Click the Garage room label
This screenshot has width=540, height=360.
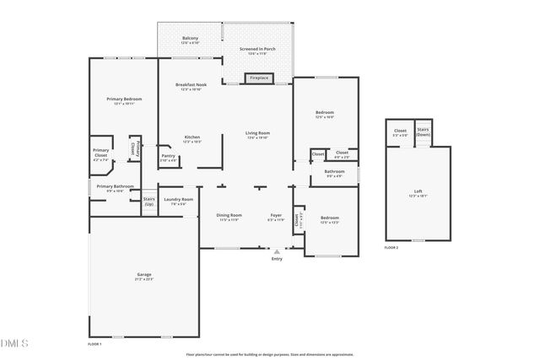click(x=144, y=276)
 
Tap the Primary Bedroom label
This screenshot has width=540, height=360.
click(x=124, y=99)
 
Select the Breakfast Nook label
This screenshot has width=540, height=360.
click(x=192, y=85)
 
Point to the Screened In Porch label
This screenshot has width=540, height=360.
click(x=257, y=50)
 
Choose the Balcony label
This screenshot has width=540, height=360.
click(x=191, y=39)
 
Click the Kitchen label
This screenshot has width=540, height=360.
click(x=192, y=137)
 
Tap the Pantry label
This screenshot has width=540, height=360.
click(x=168, y=155)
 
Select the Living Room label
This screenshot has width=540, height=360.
click(x=257, y=133)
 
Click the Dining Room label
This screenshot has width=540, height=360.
click(x=228, y=215)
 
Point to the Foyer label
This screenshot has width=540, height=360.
click(x=275, y=215)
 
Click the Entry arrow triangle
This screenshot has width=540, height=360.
click(x=276, y=250)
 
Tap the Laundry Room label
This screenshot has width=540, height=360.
click(x=178, y=200)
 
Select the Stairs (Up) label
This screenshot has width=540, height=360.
click(x=149, y=202)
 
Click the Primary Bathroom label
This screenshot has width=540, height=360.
click(x=115, y=186)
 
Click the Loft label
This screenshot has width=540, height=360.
click(x=418, y=191)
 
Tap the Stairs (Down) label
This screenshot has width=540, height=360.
click(x=423, y=132)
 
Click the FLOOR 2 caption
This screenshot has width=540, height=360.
click(x=391, y=248)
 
